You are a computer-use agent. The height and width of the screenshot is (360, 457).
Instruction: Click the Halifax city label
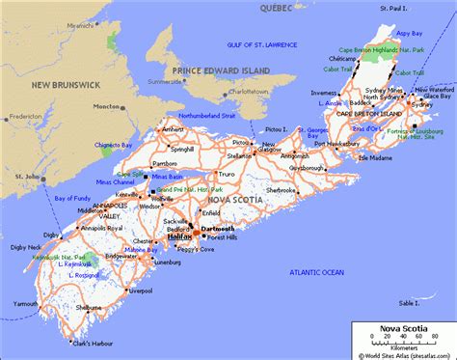[179, 235]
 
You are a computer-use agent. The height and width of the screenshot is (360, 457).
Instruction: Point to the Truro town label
[225, 174]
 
